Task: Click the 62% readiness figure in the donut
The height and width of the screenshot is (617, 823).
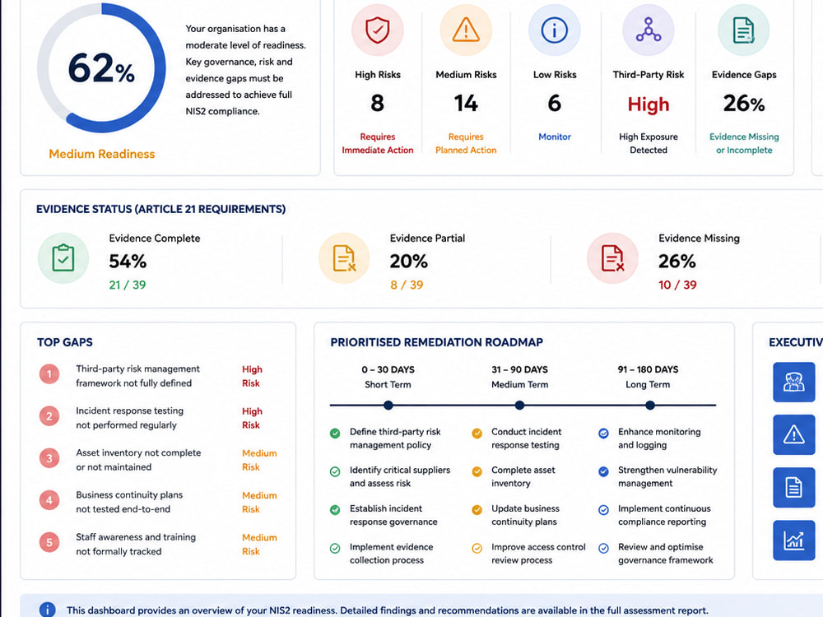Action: point(101,68)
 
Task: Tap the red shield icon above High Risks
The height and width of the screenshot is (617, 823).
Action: point(378,30)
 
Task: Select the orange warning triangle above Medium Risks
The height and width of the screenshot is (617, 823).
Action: point(466,30)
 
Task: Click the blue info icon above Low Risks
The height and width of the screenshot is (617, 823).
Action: point(554,30)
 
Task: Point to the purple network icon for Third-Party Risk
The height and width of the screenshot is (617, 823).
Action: point(649,30)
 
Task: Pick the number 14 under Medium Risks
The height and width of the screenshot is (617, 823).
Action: point(466,104)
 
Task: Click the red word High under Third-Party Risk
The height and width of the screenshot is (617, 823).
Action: point(649,105)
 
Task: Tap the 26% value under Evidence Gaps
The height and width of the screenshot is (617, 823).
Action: point(744,104)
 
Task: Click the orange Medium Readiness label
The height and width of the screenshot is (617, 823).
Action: point(102,154)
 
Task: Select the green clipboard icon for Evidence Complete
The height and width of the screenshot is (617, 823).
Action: point(63,258)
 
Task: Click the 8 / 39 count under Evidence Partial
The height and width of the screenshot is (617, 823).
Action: point(407,285)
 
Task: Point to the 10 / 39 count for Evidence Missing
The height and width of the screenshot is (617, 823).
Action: point(677,285)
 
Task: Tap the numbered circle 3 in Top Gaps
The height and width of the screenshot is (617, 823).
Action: point(49,458)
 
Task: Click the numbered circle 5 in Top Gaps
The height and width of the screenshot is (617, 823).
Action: point(49,542)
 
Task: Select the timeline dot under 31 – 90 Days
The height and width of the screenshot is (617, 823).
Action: point(519,405)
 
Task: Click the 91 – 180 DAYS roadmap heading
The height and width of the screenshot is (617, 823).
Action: point(649,369)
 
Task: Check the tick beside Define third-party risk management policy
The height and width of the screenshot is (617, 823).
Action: point(335,434)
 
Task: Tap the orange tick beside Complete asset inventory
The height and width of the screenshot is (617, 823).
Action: point(477,471)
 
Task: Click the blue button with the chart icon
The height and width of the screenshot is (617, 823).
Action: point(793,540)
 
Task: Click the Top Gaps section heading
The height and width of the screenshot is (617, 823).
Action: point(65,342)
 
